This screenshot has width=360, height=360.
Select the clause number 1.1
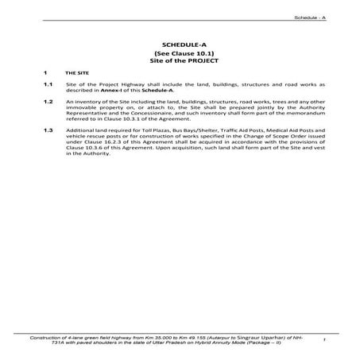click(x=48, y=83)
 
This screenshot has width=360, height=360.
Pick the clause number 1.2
click(x=48, y=102)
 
